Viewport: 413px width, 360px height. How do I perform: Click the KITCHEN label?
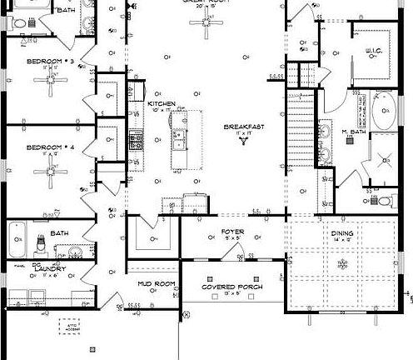(162, 103)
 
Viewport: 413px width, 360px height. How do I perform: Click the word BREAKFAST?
(243, 127)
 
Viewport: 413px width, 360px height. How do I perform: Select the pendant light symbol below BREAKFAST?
(243, 141)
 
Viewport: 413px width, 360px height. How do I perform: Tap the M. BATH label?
(355, 132)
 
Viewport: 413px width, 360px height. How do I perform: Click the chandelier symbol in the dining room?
(341, 264)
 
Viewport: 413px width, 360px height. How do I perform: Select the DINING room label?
(341, 233)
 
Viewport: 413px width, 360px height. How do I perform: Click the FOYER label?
(231, 231)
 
